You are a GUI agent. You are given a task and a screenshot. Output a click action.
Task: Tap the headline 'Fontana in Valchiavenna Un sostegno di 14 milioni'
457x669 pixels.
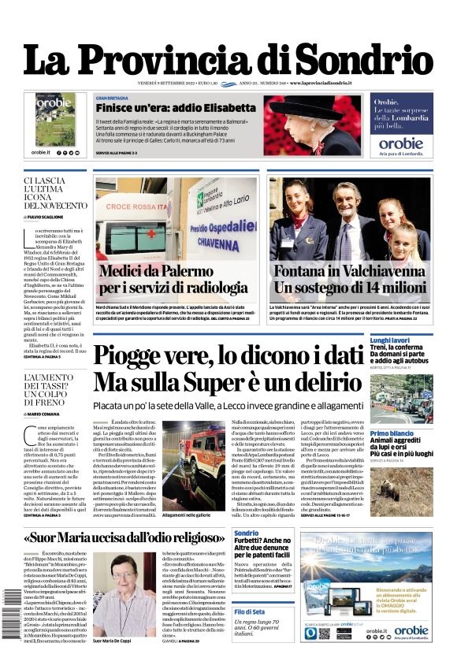click(351, 281)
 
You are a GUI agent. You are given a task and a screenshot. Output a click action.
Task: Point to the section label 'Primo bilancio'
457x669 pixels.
click(392, 434)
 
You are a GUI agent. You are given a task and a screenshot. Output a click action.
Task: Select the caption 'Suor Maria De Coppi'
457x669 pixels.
click(117, 619)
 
